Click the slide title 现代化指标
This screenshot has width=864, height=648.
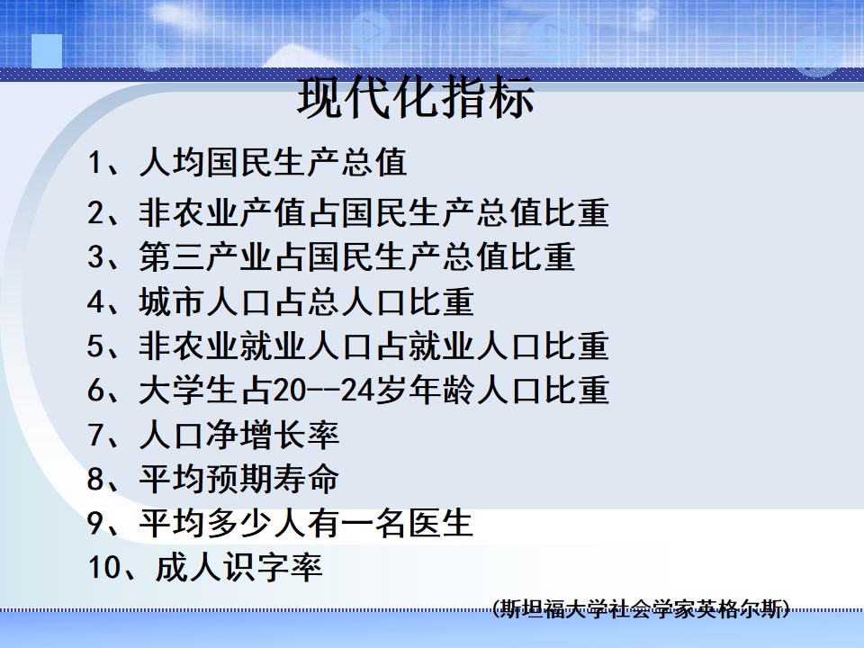tap(416, 97)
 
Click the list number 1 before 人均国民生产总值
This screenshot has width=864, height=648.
tap(94, 163)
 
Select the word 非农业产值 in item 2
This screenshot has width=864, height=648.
tap(222, 212)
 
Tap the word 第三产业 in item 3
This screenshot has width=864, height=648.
tap(205, 257)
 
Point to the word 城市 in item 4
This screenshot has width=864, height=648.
tap(172, 302)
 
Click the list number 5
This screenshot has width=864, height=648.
tap(94, 346)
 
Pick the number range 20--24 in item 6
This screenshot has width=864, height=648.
tap(323, 391)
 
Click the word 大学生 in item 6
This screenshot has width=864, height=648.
tap(188, 391)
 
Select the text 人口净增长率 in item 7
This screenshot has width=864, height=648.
tap(238, 436)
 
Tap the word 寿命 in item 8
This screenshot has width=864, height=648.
tap(306, 479)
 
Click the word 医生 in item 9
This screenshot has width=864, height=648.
tap(440, 524)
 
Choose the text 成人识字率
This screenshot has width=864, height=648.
tap(238, 568)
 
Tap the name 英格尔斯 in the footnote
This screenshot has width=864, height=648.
tap(738, 608)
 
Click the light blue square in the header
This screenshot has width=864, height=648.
tap(47, 51)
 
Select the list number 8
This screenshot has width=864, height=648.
tap(94, 479)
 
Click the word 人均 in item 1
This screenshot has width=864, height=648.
tap(172, 163)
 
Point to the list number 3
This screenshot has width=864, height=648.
tap(94, 257)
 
